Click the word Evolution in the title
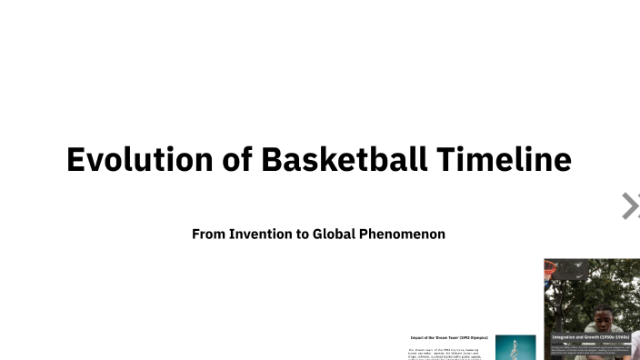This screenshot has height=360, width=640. click(140, 160)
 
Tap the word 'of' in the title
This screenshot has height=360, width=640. click(238, 160)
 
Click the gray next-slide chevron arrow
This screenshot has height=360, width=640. click(629, 206)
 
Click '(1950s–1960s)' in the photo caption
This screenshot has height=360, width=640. click(614, 337)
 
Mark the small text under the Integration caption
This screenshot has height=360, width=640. click(591, 348)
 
